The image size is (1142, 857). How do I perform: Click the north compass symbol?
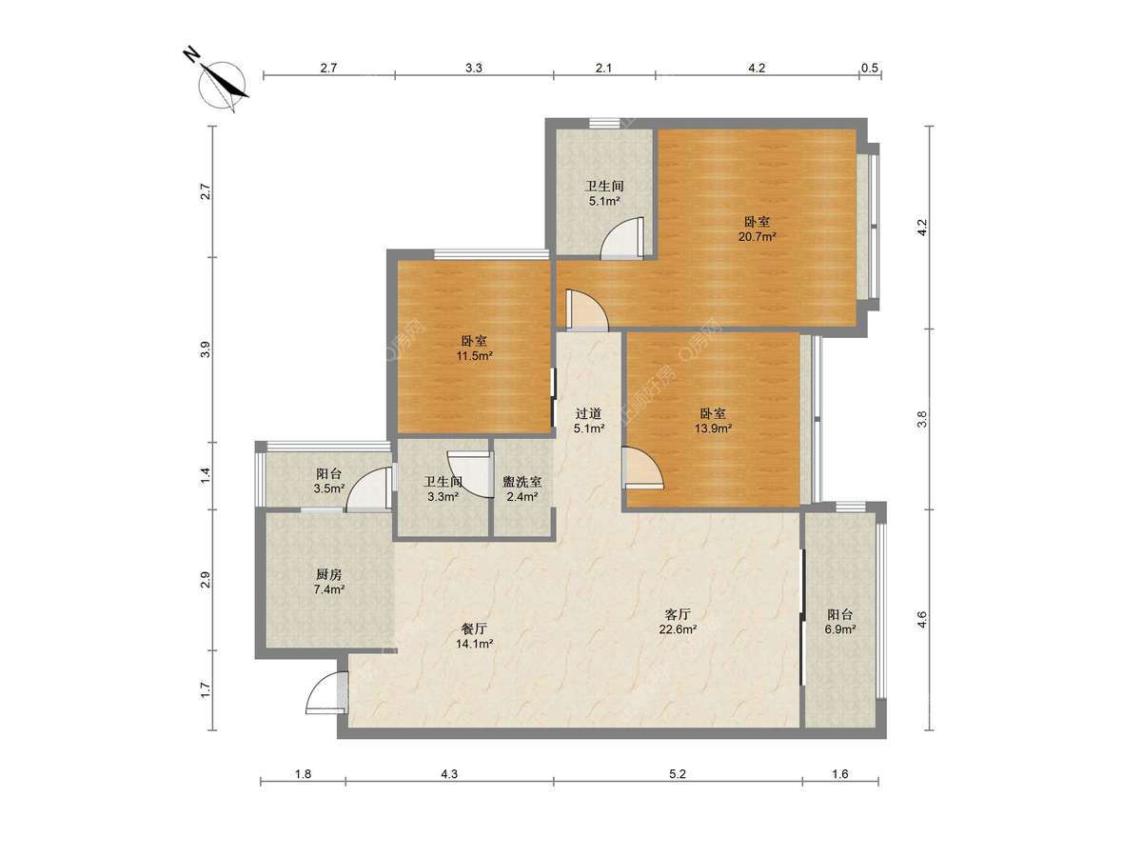(x=222, y=82)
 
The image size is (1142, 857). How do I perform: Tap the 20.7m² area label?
(x=757, y=237)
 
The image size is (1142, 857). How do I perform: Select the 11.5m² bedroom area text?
(x=475, y=356)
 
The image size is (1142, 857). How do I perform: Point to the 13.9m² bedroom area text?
(x=714, y=428)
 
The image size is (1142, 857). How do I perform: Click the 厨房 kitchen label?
(x=329, y=574)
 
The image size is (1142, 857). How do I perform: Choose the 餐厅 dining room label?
(x=474, y=628)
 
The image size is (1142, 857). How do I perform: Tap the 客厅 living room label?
(x=678, y=614)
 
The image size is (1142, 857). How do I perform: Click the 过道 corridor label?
(x=588, y=413)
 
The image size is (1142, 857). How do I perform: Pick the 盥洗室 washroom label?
(x=522, y=482)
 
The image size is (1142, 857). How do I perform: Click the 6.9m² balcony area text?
(x=840, y=629)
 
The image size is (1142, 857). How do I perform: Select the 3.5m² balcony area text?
(x=329, y=488)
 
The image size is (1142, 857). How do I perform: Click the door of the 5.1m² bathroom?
(x=622, y=237)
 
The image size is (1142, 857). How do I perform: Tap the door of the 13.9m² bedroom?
(x=644, y=468)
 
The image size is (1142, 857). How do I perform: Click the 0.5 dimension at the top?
(x=870, y=68)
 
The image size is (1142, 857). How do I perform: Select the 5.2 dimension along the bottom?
(x=678, y=774)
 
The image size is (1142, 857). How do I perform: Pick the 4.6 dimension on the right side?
(x=921, y=620)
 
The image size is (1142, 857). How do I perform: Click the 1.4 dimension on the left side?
(x=206, y=475)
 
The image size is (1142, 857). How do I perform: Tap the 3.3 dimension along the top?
(x=473, y=68)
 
